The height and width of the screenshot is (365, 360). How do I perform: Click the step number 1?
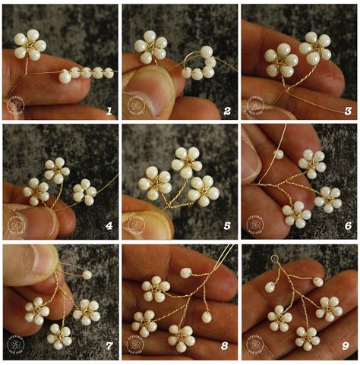click(109, 111)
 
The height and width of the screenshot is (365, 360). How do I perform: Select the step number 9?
click(346, 346)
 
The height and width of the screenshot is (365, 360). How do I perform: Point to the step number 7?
click(109, 346)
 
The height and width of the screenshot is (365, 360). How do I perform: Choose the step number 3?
click(346, 111)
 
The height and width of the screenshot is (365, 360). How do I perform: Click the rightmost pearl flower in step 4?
click(84, 192)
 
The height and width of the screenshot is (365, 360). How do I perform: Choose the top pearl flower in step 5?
click(186, 159)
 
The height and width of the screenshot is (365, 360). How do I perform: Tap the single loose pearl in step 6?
click(279, 153)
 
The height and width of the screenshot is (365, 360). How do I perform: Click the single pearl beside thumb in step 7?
click(87, 274)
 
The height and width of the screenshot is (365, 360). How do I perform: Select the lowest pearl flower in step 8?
click(181, 335)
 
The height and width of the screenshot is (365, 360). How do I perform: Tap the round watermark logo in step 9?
click(256, 345)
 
